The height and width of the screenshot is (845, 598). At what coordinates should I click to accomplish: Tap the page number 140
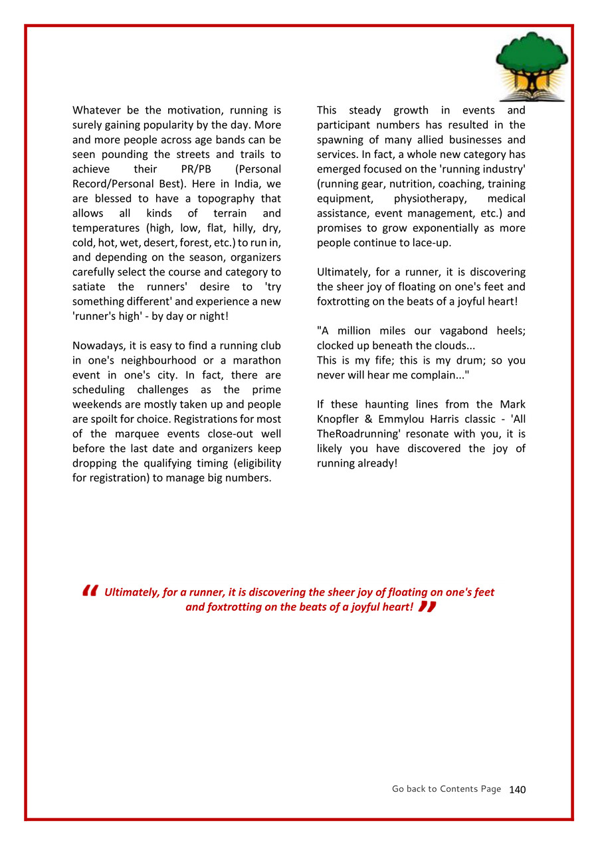517,790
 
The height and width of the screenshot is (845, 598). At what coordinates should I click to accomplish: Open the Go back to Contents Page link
447,789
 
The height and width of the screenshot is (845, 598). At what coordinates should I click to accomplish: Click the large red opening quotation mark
90,591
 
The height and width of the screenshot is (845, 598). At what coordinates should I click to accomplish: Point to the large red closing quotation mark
428,607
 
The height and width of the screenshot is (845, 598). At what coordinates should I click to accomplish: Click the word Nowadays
97,346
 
